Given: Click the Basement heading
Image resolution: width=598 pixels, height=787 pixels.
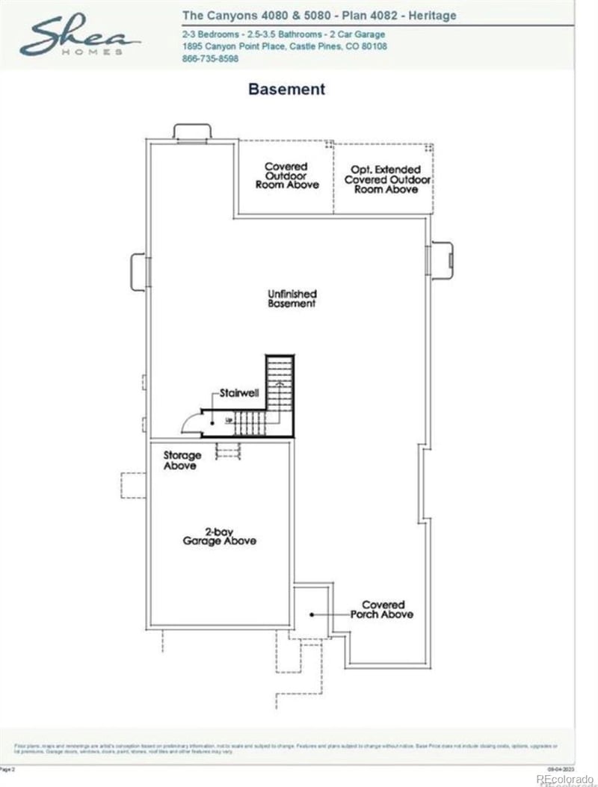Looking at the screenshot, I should (286, 89).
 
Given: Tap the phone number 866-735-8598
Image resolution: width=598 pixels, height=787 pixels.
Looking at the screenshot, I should (210, 58).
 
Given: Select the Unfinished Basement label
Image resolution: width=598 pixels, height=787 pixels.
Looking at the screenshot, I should (292, 299).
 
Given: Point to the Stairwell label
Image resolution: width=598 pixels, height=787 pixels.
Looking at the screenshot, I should (238, 392).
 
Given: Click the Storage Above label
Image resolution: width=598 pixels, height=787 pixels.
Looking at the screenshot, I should (181, 460).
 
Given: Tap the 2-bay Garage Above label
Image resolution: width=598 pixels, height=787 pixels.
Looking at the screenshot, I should (220, 536).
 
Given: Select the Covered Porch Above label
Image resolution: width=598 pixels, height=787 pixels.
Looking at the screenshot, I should (382, 609).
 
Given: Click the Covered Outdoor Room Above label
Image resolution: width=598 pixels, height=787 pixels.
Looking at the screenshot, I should (286, 176).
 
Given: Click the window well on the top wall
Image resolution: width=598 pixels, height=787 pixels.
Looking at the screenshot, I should (192, 132).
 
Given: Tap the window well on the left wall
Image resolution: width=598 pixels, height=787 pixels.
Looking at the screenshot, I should (140, 271).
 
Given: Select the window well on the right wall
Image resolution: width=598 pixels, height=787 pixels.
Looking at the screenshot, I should (440, 259).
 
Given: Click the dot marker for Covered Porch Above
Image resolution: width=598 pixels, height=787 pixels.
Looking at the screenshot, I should (312, 614).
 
